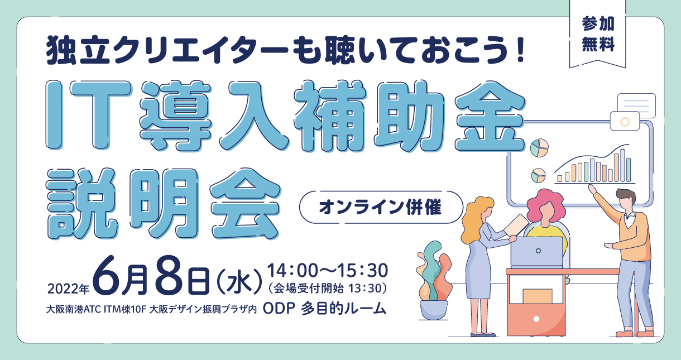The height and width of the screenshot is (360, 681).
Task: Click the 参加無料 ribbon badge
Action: click(597, 33)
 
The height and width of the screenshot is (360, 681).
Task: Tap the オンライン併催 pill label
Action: click(381, 208)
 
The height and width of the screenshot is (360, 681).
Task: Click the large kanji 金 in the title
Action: click(490, 117)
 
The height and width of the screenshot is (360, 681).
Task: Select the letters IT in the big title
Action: click(88, 115)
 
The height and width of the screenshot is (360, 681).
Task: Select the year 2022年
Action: click(69, 289)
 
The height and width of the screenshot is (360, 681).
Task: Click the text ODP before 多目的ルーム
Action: click(279, 309)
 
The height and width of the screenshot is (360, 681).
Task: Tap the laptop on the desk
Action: click(537, 252)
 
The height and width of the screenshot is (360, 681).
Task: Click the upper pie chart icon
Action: click(539, 148)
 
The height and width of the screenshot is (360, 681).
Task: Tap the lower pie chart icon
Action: click(538, 175)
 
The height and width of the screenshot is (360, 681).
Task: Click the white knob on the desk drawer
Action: click(536, 319)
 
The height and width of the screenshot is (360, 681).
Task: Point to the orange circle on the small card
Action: click(625, 122)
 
